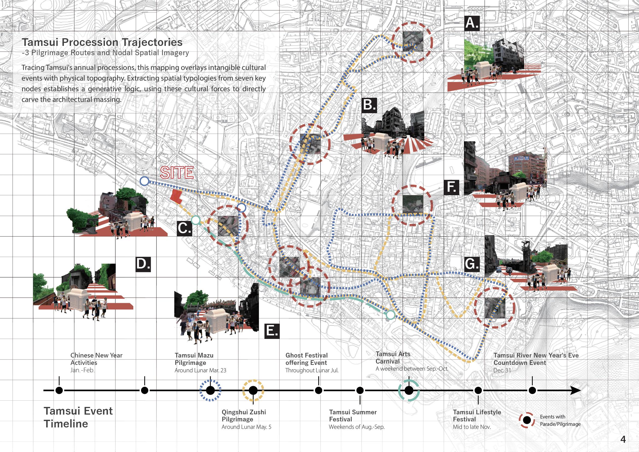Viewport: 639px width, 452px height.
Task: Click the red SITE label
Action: [x=177, y=173]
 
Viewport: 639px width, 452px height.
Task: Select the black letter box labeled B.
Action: [x=369, y=105]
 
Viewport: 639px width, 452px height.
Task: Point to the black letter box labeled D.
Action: [x=143, y=264]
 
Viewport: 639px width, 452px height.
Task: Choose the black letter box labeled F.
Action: [x=451, y=187]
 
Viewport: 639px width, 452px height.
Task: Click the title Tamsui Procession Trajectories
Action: [x=102, y=42]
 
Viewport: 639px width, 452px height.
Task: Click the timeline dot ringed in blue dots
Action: [x=210, y=390]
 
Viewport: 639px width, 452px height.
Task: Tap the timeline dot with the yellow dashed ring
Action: [x=253, y=390]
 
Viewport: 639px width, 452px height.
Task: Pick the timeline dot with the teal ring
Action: [x=408, y=390]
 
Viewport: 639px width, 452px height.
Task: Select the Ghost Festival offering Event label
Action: [x=306, y=359]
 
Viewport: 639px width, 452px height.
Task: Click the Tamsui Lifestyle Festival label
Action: [x=477, y=416]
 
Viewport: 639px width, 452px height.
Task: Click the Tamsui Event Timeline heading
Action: [x=78, y=417]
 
